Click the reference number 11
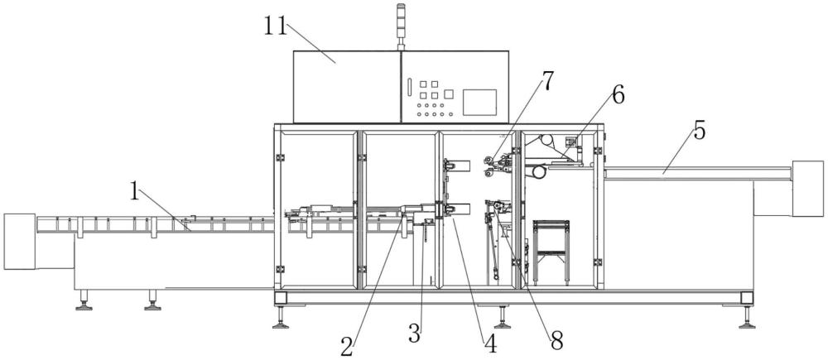pos(275,26)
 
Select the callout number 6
pos(616,94)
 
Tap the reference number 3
pos(415,334)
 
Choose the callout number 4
pos(491,343)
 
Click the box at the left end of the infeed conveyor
pos(19,241)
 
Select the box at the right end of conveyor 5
pos(807,188)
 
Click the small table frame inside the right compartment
pos(551,248)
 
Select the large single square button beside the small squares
pos(449,95)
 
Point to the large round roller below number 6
pos(539,171)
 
